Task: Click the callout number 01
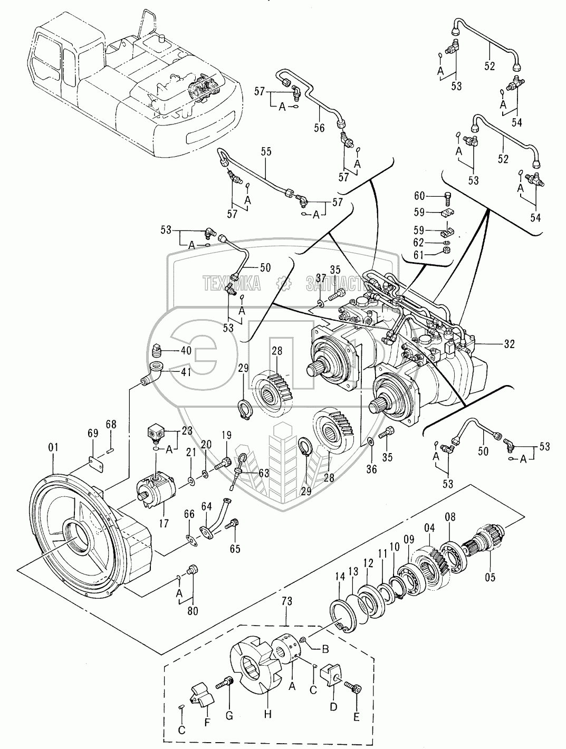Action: coord(53,447)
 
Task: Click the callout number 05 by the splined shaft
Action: coord(490,577)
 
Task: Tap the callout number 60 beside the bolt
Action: coord(419,196)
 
